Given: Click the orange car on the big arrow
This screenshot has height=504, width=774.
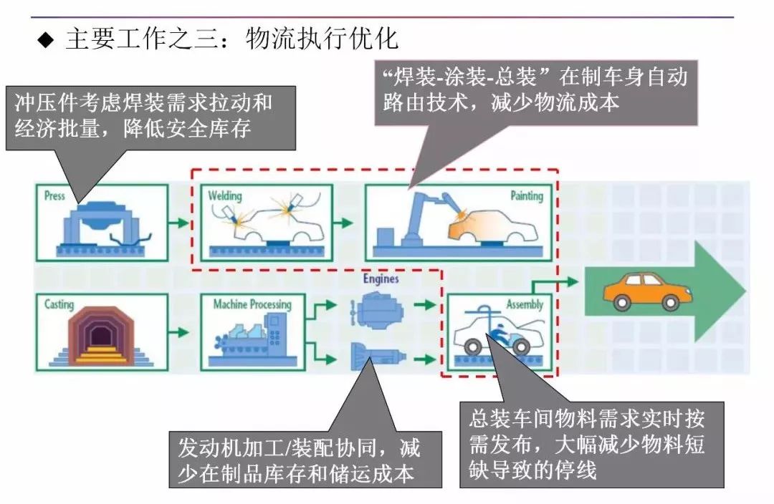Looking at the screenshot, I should (x=641, y=291).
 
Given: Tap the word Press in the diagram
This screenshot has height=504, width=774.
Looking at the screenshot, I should (x=54, y=195).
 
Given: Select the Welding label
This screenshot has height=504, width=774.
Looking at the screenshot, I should (x=225, y=195).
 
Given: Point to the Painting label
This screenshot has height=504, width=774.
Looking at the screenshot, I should (x=527, y=195).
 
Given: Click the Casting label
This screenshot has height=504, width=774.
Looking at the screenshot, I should (x=59, y=304).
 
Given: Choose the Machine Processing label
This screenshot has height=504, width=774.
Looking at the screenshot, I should (x=252, y=304).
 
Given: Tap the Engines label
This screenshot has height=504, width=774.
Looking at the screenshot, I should (x=381, y=278).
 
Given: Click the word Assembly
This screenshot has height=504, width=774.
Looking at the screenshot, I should (x=525, y=304).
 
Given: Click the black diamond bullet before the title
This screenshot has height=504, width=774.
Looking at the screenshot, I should (x=46, y=39).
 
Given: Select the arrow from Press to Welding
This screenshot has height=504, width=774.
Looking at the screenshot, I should (x=179, y=223).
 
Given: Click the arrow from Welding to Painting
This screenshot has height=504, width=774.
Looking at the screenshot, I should (x=348, y=223).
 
